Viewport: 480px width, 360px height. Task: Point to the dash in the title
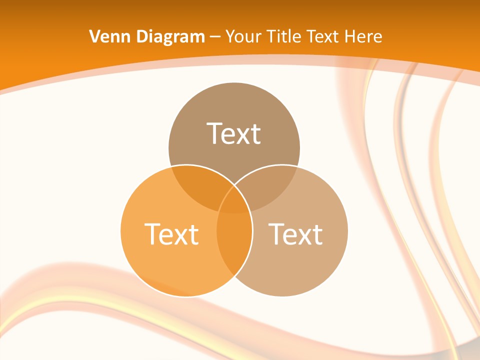click(x=215, y=37)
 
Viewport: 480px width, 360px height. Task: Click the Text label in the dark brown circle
click(x=234, y=133)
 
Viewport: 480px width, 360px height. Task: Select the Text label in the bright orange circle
click(x=171, y=233)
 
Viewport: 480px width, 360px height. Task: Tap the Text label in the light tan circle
click(x=295, y=233)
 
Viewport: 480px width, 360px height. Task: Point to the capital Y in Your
click(x=229, y=36)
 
